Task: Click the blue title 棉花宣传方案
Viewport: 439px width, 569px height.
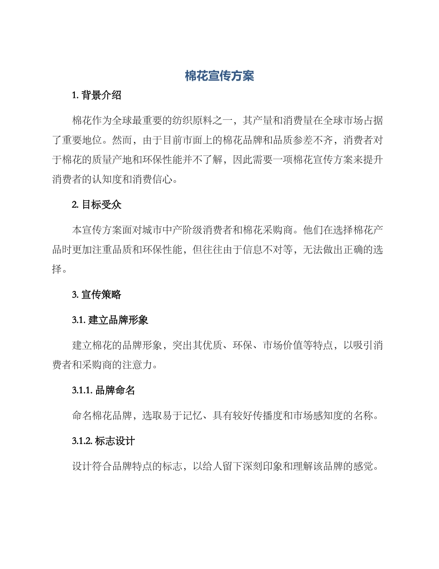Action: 219,76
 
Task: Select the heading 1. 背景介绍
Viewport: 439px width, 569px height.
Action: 97,96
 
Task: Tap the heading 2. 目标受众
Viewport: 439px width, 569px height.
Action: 97,205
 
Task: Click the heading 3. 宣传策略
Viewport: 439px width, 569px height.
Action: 97,294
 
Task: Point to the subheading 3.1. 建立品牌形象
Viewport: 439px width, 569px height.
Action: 110,320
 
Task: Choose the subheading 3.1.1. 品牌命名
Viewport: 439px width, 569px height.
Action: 104,390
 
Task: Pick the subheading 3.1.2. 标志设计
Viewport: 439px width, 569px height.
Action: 104,441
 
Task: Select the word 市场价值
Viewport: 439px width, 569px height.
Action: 283,345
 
